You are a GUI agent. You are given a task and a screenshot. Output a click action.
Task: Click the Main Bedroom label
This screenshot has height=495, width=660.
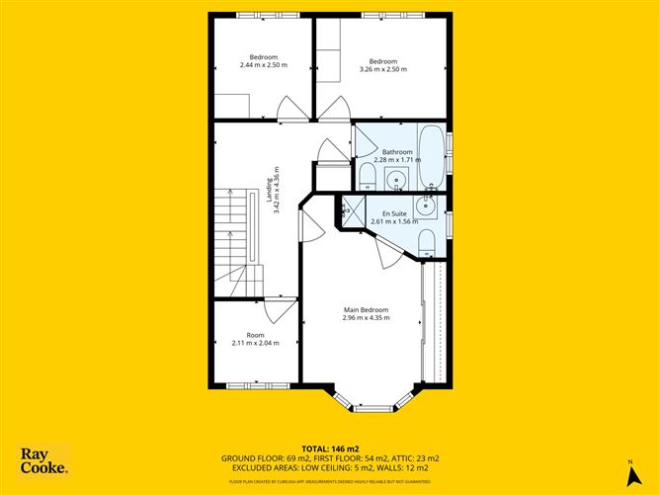(x=366, y=309)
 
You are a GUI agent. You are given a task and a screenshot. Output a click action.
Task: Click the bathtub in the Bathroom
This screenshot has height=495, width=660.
(x=431, y=155)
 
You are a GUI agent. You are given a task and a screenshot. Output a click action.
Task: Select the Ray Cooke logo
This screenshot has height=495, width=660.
(x=44, y=461)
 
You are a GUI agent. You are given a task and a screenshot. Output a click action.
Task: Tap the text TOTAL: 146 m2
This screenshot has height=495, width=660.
(x=330, y=449)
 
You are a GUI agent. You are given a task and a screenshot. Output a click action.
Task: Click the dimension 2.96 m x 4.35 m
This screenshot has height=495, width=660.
(x=366, y=318)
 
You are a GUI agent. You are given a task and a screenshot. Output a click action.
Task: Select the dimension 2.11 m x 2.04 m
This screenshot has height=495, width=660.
(x=256, y=343)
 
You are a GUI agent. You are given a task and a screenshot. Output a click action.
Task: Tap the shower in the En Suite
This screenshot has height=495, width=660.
(x=348, y=208)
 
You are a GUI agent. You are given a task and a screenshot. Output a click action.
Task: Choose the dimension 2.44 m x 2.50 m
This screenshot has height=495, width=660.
(x=264, y=65)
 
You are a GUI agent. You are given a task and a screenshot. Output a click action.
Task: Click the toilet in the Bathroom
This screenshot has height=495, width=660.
(x=367, y=177)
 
